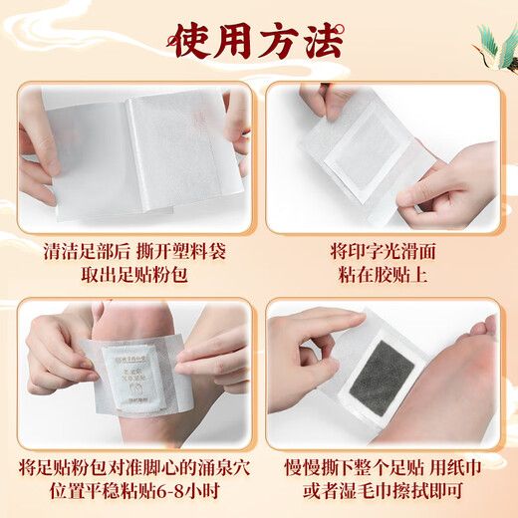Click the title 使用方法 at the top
click(x=258, y=42)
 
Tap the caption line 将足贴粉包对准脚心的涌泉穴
click(x=134, y=465)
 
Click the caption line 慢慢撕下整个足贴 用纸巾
click(x=383, y=465)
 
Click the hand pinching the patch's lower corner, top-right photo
click(x=448, y=184)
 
